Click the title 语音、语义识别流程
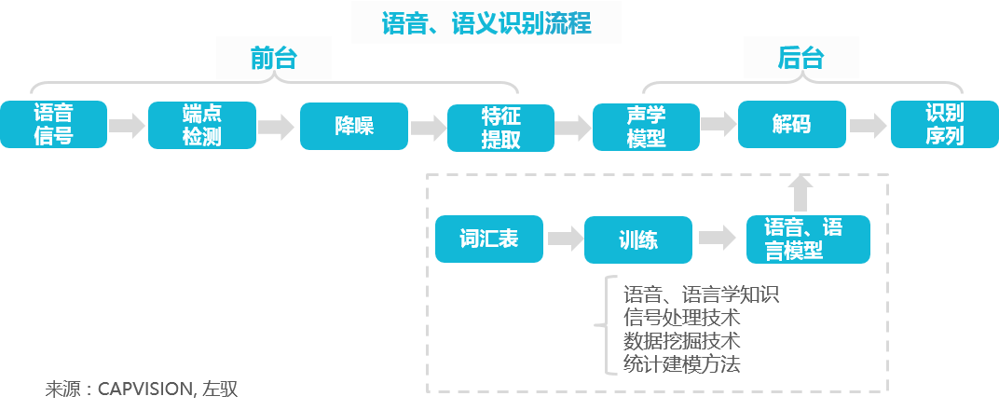[486, 21]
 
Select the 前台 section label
[274, 59]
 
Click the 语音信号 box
[53, 125]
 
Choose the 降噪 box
[354, 125]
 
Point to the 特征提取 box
[500, 127]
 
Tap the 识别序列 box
[943, 124]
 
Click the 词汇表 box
[488, 239]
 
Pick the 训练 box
[638, 239]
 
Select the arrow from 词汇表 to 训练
[564, 239]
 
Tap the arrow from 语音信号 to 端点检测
[127, 125]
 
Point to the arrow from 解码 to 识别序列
[868, 125]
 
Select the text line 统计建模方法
[682, 364]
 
